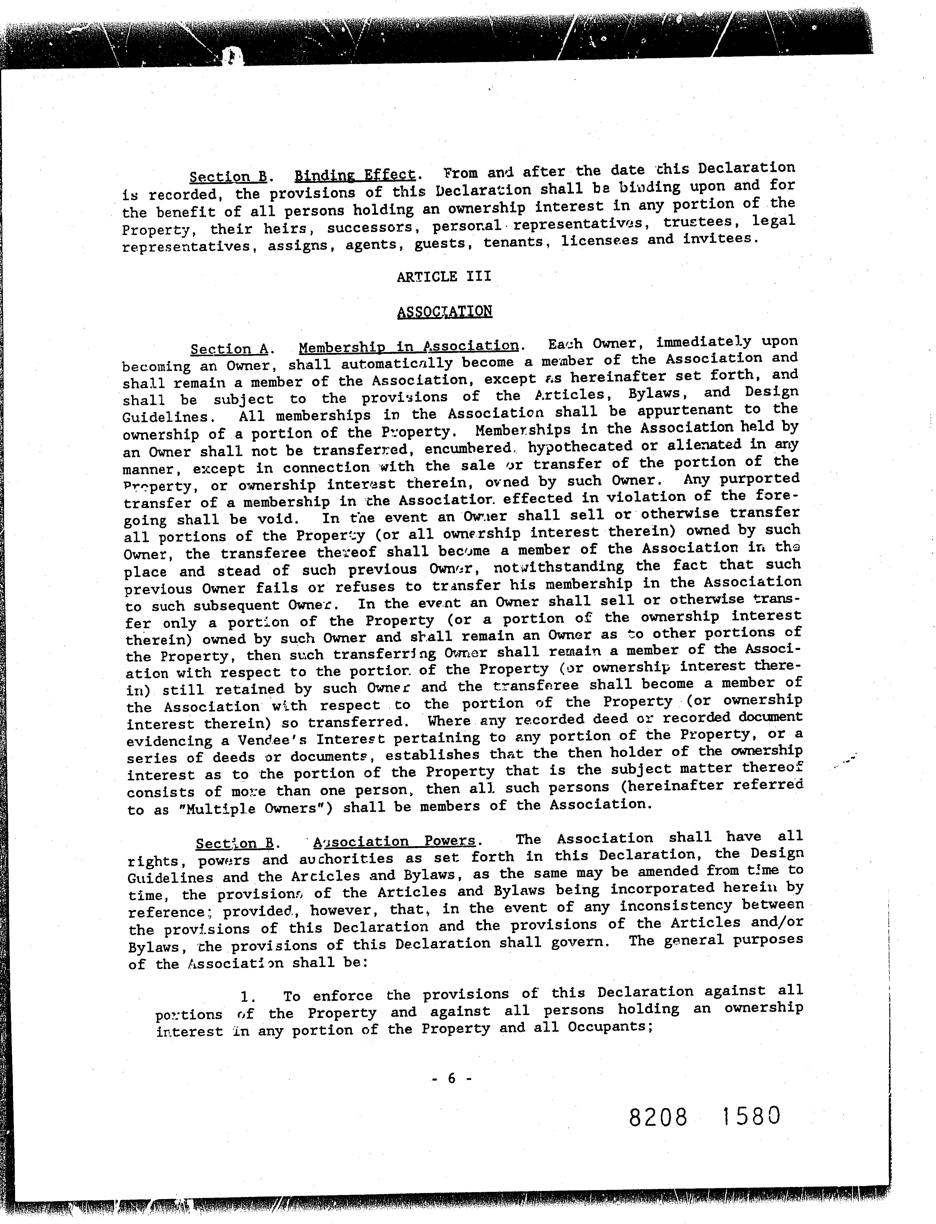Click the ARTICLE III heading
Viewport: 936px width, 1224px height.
(x=444, y=276)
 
